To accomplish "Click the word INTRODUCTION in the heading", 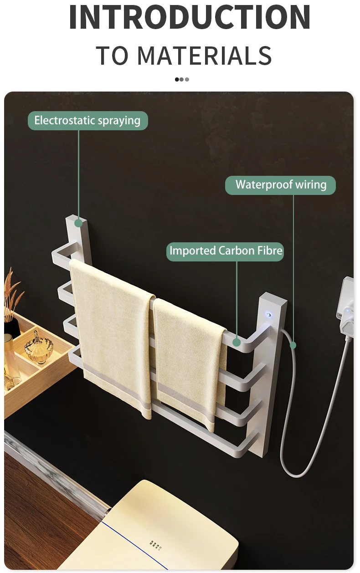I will [190, 17].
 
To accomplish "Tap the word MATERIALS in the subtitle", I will [204, 56].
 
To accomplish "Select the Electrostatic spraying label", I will [87, 121].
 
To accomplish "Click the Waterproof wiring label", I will [281, 185].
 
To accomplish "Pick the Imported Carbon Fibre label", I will [225, 251].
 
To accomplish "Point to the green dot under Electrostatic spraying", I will [78, 223].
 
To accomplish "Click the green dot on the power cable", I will [293, 346].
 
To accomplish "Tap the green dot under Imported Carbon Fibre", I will [237, 342].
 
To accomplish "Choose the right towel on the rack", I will [189, 360].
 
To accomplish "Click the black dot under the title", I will [177, 79].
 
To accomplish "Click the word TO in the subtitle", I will [112, 56].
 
